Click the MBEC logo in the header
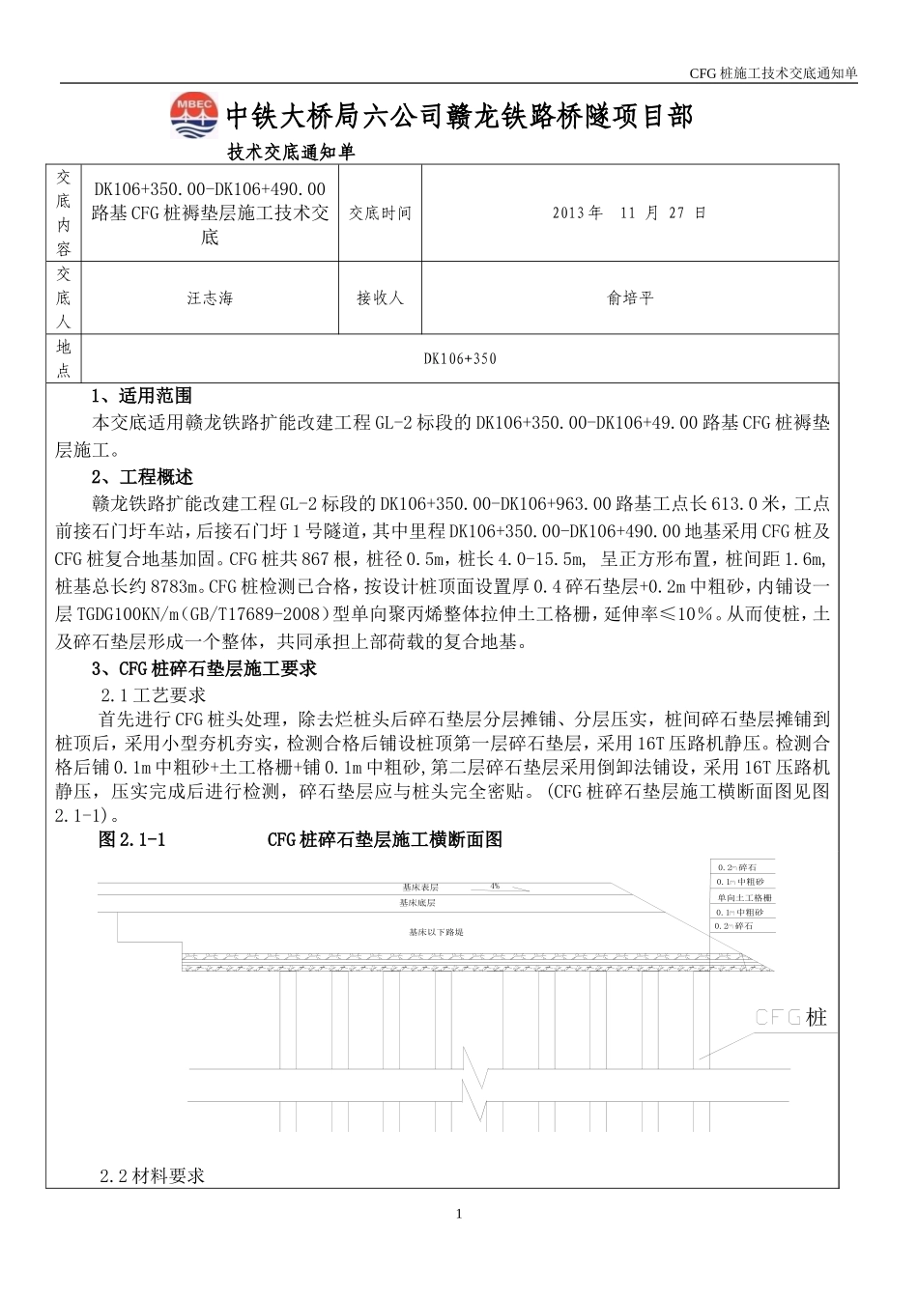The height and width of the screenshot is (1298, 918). click(x=194, y=116)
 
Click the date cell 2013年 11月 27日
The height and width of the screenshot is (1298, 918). click(x=629, y=212)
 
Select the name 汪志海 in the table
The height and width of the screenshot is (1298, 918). click(x=210, y=298)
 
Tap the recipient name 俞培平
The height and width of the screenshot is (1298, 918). click(x=630, y=298)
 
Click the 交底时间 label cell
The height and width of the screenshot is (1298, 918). click(x=380, y=212)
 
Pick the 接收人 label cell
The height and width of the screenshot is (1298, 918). click(x=380, y=298)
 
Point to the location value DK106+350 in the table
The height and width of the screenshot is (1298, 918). click(x=460, y=358)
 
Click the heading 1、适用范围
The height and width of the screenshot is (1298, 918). click(x=141, y=395)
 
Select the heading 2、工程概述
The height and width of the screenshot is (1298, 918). click(x=142, y=477)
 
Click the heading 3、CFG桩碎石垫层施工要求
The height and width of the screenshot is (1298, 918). click(x=204, y=668)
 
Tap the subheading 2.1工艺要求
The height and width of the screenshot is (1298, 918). click(x=154, y=694)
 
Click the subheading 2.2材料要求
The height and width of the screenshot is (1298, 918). click(x=153, y=1176)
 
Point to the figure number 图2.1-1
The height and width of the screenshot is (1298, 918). click(x=132, y=840)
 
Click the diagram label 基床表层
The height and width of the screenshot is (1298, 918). click(x=420, y=887)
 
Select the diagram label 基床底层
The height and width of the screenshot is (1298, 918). click(x=417, y=903)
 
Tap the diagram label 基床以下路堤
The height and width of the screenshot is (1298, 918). click(x=436, y=932)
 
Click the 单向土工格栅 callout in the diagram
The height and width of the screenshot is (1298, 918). click(x=744, y=897)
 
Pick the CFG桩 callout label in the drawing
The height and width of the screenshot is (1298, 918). click(x=790, y=1017)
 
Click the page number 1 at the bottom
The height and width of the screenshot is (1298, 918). click(x=459, y=1214)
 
